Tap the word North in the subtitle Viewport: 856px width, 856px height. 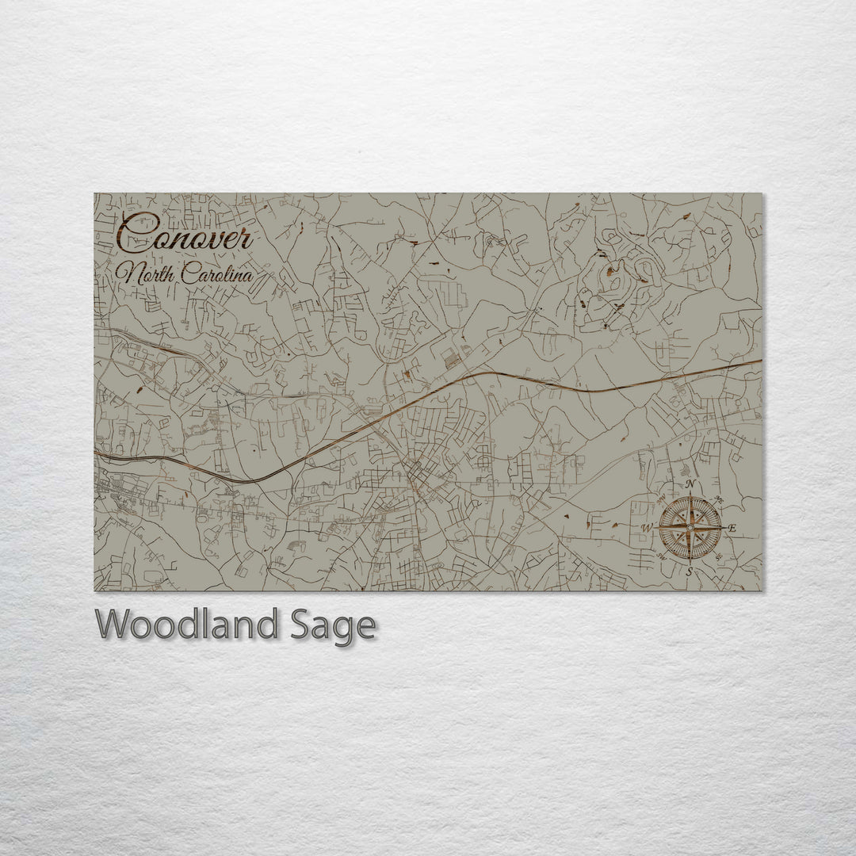coord(146,275)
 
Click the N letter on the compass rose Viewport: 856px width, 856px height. coord(690,484)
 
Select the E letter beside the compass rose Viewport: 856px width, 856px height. coord(732,528)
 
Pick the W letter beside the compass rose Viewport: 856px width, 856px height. coord(647,528)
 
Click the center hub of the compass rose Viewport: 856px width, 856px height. coord(690,527)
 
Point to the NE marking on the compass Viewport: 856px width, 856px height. coord(719,499)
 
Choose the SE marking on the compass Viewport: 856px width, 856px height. coord(719,556)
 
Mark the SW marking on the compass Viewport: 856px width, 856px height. coord(662,556)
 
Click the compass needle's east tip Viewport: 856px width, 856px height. coord(721,527)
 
